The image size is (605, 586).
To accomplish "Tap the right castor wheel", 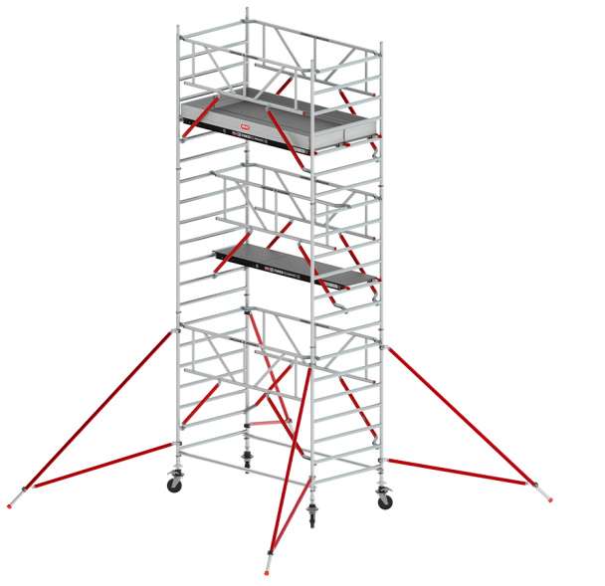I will click(x=384, y=496).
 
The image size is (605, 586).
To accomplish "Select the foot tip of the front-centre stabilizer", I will click(x=267, y=571).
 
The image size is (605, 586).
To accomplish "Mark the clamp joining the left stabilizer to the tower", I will click(x=177, y=325).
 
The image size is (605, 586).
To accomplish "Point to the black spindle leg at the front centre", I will click(x=314, y=511).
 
